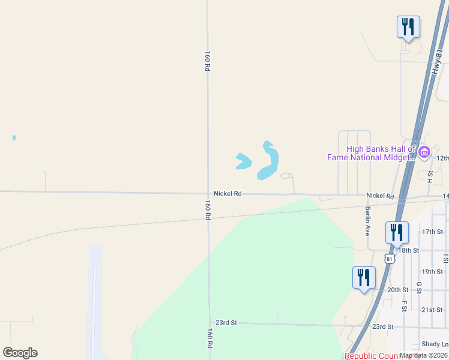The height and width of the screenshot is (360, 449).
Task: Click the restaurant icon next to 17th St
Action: pyautogui.click(x=397, y=232)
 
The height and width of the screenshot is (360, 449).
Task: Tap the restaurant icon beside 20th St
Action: pyautogui.click(x=364, y=278)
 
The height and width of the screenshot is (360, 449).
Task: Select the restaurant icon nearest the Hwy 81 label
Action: pyautogui.click(x=408, y=27)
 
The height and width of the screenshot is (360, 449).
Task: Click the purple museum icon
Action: pyautogui.click(x=424, y=152)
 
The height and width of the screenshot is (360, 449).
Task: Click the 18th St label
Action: pyautogui.click(x=411, y=250)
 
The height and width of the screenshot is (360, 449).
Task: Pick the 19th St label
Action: pyautogui.click(x=432, y=272)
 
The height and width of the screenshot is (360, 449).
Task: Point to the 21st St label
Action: pyautogui.click(x=432, y=310)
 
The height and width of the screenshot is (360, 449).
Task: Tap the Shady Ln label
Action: pyautogui.click(x=435, y=344)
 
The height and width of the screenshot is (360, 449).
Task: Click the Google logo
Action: pyautogui.click(x=20, y=353)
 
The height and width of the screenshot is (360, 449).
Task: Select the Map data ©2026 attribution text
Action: pyautogui.click(x=423, y=355)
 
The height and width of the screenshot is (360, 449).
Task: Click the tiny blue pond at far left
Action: pyautogui.click(x=14, y=137)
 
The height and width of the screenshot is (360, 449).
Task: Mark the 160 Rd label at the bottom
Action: pyautogui.click(x=209, y=338)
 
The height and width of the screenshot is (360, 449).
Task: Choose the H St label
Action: pyautogui.click(x=430, y=176)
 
